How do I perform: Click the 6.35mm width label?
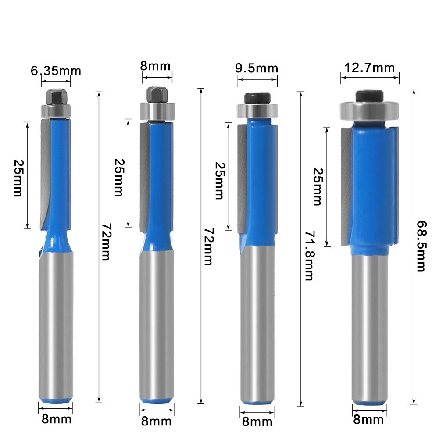click(x=56, y=71)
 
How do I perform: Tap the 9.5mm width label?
click(x=257, y=68)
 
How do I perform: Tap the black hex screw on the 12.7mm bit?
click(x=370, y=96)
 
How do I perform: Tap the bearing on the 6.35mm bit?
click(x=56, y=110)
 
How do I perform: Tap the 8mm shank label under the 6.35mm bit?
click(x=56, y=419)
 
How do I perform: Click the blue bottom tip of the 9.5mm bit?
click(x=257, y=401)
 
